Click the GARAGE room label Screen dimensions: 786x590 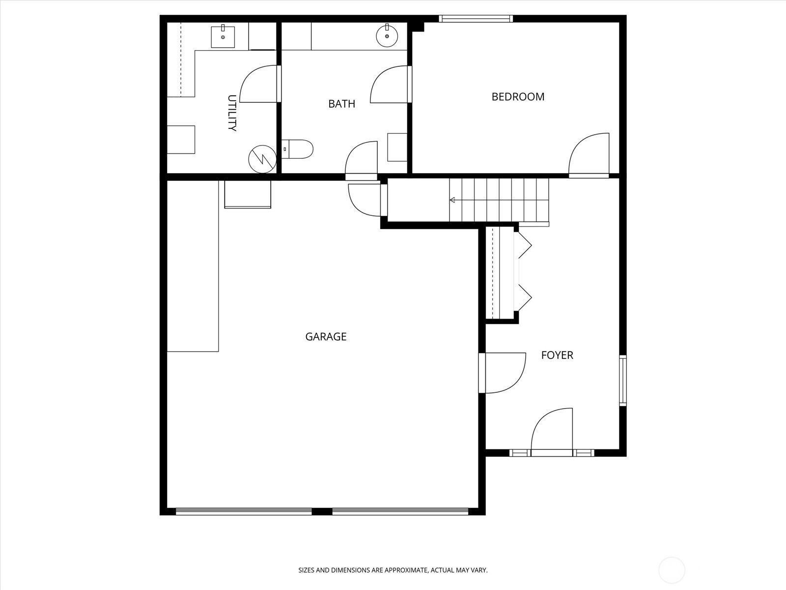click(326, 337)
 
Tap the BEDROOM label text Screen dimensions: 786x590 click(518, 97)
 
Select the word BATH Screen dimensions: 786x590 click(341, 104)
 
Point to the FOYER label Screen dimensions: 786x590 click(557, 355)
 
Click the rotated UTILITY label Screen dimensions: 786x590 click(232, 113)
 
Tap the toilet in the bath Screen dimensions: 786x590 click(297, 149)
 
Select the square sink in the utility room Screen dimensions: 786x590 click(223, 36)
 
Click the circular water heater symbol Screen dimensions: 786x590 click(262, 159)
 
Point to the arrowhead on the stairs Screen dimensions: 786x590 click(452, 200)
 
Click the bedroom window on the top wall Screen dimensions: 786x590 click(476, 19)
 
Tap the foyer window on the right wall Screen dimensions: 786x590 click(623, 381)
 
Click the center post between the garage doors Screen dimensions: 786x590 click(322, 511)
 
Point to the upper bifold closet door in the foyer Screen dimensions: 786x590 click(524, 245)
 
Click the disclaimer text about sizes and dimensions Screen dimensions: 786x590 click(393, 570)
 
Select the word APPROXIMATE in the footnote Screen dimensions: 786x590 click(406, 570)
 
